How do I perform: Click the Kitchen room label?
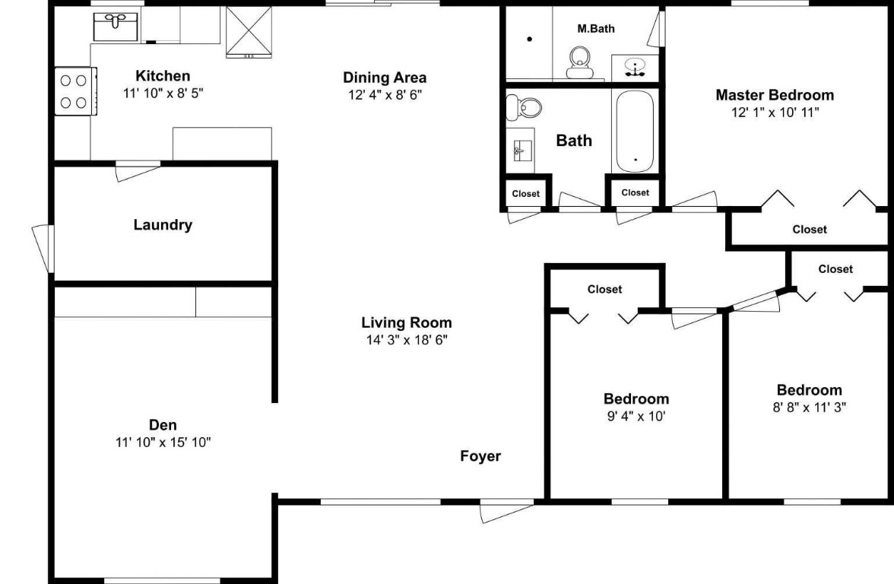(163, 76)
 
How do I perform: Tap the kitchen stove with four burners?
(74, 91)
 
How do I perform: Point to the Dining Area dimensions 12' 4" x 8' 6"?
(385, 95)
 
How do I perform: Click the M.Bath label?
(596, 29)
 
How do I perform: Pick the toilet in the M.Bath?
(581, 60)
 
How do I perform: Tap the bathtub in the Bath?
(635, 131)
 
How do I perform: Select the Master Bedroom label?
(775, 95)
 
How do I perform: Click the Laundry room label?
(163, 225)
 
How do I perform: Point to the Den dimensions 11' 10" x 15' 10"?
(163, 443)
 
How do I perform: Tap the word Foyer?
(480, 456)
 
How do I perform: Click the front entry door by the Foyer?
(507, 511)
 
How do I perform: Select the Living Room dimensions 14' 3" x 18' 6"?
(407, 340)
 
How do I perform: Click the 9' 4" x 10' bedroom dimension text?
(636, 416)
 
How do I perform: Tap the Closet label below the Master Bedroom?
(810, 229)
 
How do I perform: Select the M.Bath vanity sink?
(635, 67)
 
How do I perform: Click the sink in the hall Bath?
(521, 150)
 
